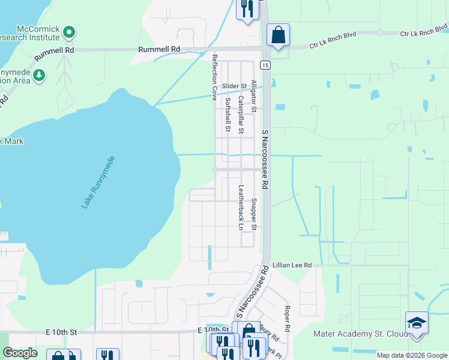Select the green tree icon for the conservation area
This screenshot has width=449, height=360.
point(39,75)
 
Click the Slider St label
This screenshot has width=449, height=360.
point(234,86)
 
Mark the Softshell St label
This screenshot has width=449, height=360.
point(228,115)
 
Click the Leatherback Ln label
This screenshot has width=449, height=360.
point(241,207)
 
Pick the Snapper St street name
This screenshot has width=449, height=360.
point(254,214)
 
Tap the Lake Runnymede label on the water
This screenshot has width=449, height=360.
point(98,182)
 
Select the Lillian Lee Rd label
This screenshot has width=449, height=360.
point(292,265)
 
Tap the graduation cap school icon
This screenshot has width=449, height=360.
point(417,323)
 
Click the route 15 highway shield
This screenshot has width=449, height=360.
point(264,64)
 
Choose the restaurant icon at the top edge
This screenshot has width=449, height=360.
point(247,8)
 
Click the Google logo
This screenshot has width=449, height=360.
point(20,353)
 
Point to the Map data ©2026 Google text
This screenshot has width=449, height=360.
point(411,355)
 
